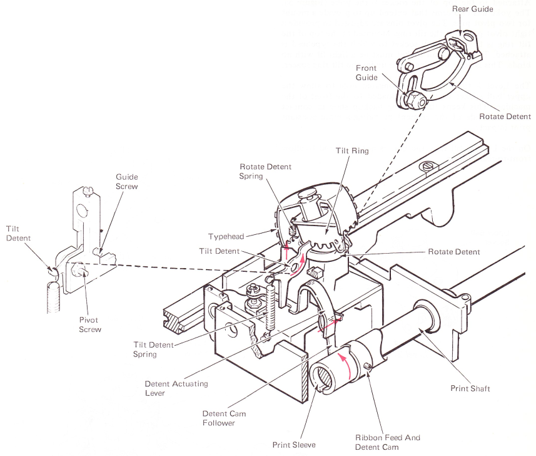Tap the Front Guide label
click(366, 72)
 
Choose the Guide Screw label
click(127, 182)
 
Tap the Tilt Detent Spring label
click(154, 349)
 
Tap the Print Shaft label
click(470, 389)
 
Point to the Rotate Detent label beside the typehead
click(453, 252)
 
